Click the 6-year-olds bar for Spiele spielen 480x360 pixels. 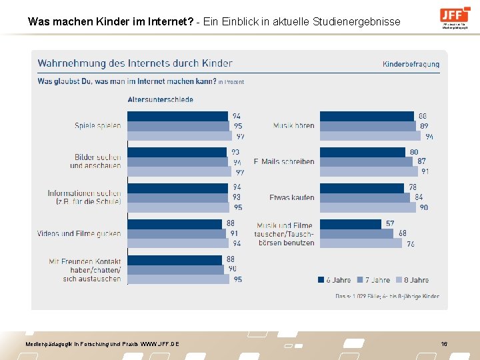[x=177, y=116]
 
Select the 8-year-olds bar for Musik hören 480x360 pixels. [x=370, y=135]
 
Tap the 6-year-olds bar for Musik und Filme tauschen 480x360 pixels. [x=351, y=224]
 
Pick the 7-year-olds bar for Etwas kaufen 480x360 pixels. [x=365, y=197]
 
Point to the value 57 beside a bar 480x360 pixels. [x=389, y=224]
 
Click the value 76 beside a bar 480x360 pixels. [x=410, y=243]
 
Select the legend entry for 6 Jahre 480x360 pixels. [x=333, y=280]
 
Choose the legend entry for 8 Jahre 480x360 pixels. [x=412, y=280]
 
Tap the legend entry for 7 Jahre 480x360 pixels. [x=373, y=280]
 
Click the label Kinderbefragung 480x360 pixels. [x=411, y=64]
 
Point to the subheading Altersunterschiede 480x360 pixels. [x=160, y=99]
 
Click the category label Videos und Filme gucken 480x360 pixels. [x=79, y=233]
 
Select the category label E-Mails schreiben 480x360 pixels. [x=284, y=161]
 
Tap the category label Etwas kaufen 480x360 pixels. [x=291, y=197]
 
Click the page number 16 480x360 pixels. [x=444, y=343]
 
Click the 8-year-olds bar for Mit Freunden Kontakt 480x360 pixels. [x=178, y=279]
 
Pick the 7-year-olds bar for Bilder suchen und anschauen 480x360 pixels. [x=177, y=161]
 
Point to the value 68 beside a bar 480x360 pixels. [x=402, y=233]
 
